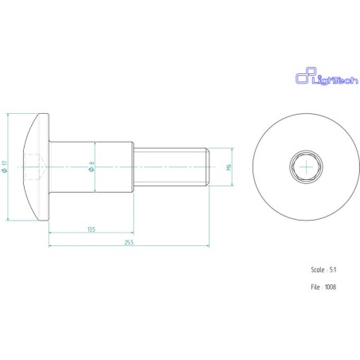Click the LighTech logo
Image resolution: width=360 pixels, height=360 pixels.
[327, 76]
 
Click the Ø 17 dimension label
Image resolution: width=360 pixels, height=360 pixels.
[5, 166]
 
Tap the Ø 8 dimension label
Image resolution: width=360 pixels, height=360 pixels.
[92, 166]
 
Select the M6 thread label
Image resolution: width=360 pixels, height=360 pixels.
[229, 167]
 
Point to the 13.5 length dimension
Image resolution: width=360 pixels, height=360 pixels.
[92, 229]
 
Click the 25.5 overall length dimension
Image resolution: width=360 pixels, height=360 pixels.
[129, 242]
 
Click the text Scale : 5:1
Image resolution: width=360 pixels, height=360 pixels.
[323, 270]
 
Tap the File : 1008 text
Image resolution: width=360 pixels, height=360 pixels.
[323, 287]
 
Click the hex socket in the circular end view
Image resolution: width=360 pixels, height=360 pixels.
[306, 167]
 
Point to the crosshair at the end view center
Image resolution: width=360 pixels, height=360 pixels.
[306, 167]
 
